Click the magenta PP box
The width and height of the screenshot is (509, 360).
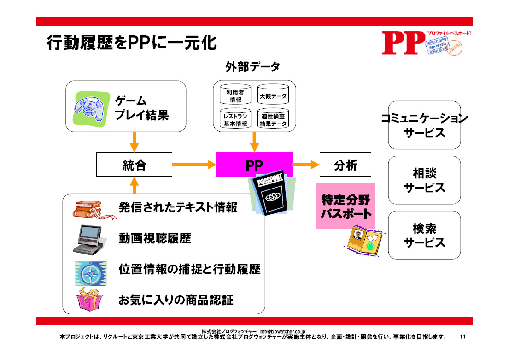[x=254, y=164]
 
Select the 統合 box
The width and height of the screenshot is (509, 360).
[x=134, y=165]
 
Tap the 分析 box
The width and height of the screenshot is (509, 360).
[x=345, y=165]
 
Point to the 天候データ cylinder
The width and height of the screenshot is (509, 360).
[x=273, y=95]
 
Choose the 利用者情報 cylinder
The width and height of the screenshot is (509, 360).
[x=235, y=95]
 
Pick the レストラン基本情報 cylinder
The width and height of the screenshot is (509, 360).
[x=235, y=120]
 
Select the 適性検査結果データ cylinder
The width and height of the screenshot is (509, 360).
[x=273, y=120]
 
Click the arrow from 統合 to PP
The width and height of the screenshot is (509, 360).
[x=194, y=164]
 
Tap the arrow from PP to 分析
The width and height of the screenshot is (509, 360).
[x=306, y=164]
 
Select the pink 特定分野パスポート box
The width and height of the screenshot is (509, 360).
[x=345, y=206]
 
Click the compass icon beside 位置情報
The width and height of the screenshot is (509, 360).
[x=91, y=273]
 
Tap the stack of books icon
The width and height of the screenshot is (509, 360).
[x=91, y=210]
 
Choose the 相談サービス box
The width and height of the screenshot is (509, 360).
[x=424, y=180]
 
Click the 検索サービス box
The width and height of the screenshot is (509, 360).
[x=424, y=235]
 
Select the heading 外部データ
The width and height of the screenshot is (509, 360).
[x=252, y=67]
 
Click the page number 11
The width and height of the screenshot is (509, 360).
[x=463, y=337]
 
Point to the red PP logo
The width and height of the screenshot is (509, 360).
[x=403, y=43]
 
